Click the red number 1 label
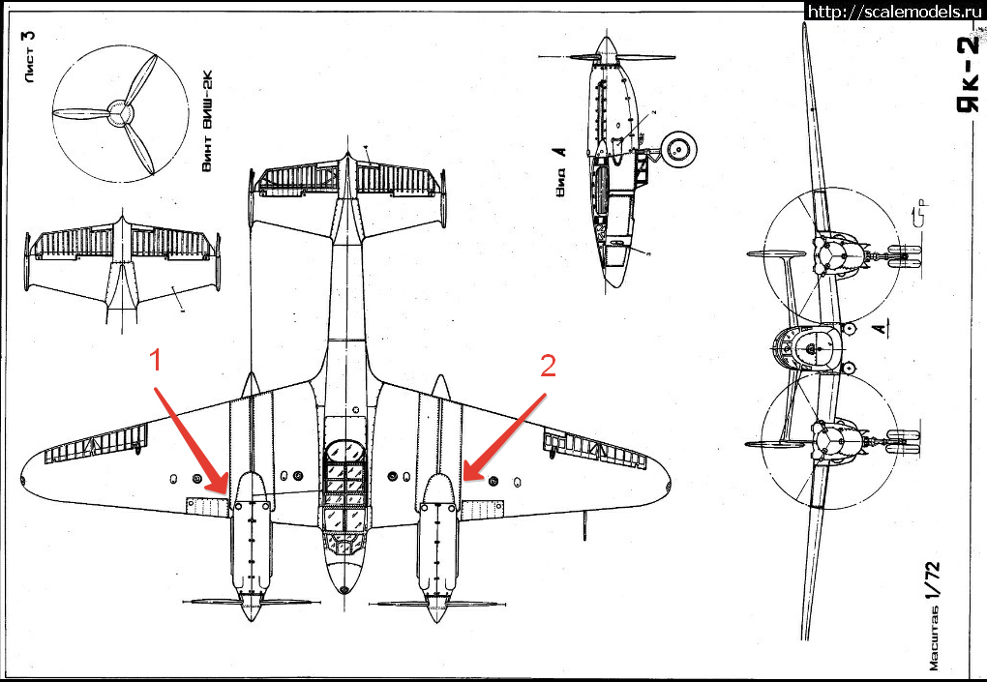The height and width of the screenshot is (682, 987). click(154, 363)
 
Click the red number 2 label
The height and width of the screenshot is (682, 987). click(548, 367)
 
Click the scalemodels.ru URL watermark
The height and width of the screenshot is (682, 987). click(893, 11)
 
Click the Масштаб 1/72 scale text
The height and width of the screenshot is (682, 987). click(930, 609)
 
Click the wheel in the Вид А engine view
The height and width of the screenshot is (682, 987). click(679, 149)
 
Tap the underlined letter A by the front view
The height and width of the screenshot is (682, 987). click(879, 330)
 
